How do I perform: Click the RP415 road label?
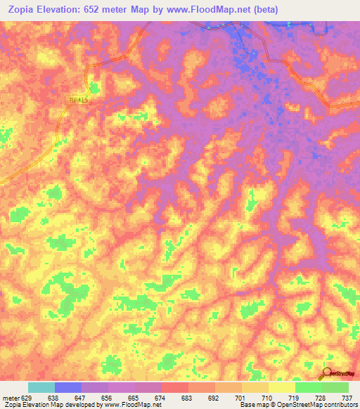pyautogui.click(x=79, y=101)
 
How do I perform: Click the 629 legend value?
pyautogui.click(x=27, y=398)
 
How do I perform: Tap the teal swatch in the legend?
pyautogui.click(x=41, y=387)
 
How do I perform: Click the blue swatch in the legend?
pyautogui.click(x=68, y=387)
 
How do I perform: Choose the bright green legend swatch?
pyautogui.click(x=308, y=387)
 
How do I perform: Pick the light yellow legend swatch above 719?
pyautogui.click(x=281, y=387)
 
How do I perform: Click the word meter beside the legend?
pyautogui.click(x=9, y=398)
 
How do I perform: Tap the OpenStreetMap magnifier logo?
pyautogui.click(x=328, y=373)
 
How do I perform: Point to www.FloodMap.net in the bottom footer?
pyautogui.click(x=128, y=405)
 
